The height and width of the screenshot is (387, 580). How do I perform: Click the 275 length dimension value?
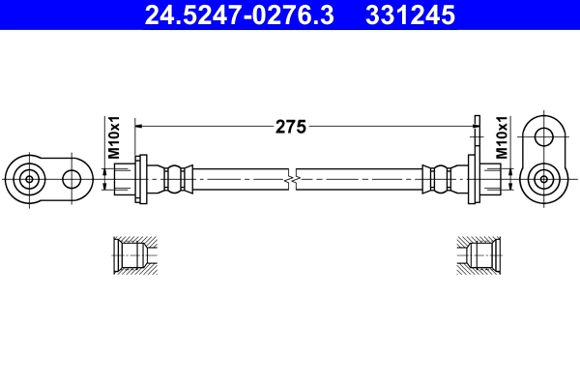(x=291, y=126)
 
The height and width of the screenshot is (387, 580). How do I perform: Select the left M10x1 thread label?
(x=113, y=138)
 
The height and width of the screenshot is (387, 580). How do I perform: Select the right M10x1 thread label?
(x=502, y=138)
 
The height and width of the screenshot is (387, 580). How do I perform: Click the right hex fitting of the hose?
(x=491, y=178)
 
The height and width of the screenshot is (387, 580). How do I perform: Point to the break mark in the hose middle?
(x=291, y=178)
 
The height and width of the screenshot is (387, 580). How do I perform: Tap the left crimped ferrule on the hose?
(x=174, y=178)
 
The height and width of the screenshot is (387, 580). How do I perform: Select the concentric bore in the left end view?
(x=30, y=178)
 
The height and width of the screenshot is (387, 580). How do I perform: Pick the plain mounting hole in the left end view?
(x=72, y=178)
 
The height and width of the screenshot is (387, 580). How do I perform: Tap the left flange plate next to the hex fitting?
(x=142, y=178)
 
